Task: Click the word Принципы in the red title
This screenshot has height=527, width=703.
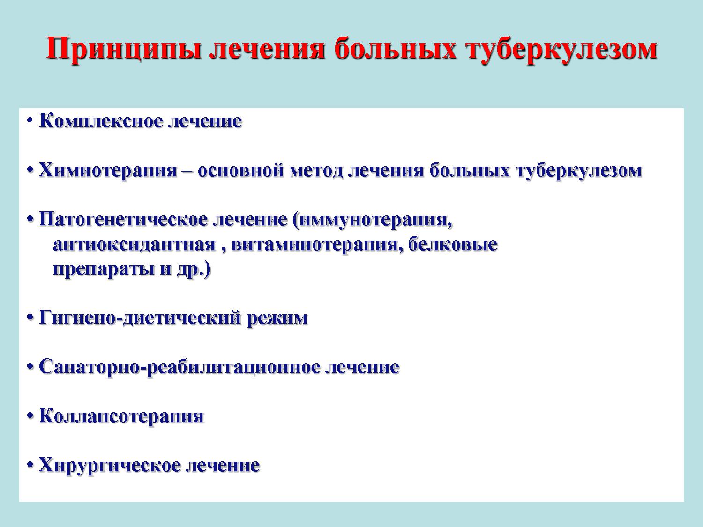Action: tap(124, 49)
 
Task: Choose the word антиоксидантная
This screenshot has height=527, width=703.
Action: tap(135, 245)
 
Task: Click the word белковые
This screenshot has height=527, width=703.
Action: tap(453, 245)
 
